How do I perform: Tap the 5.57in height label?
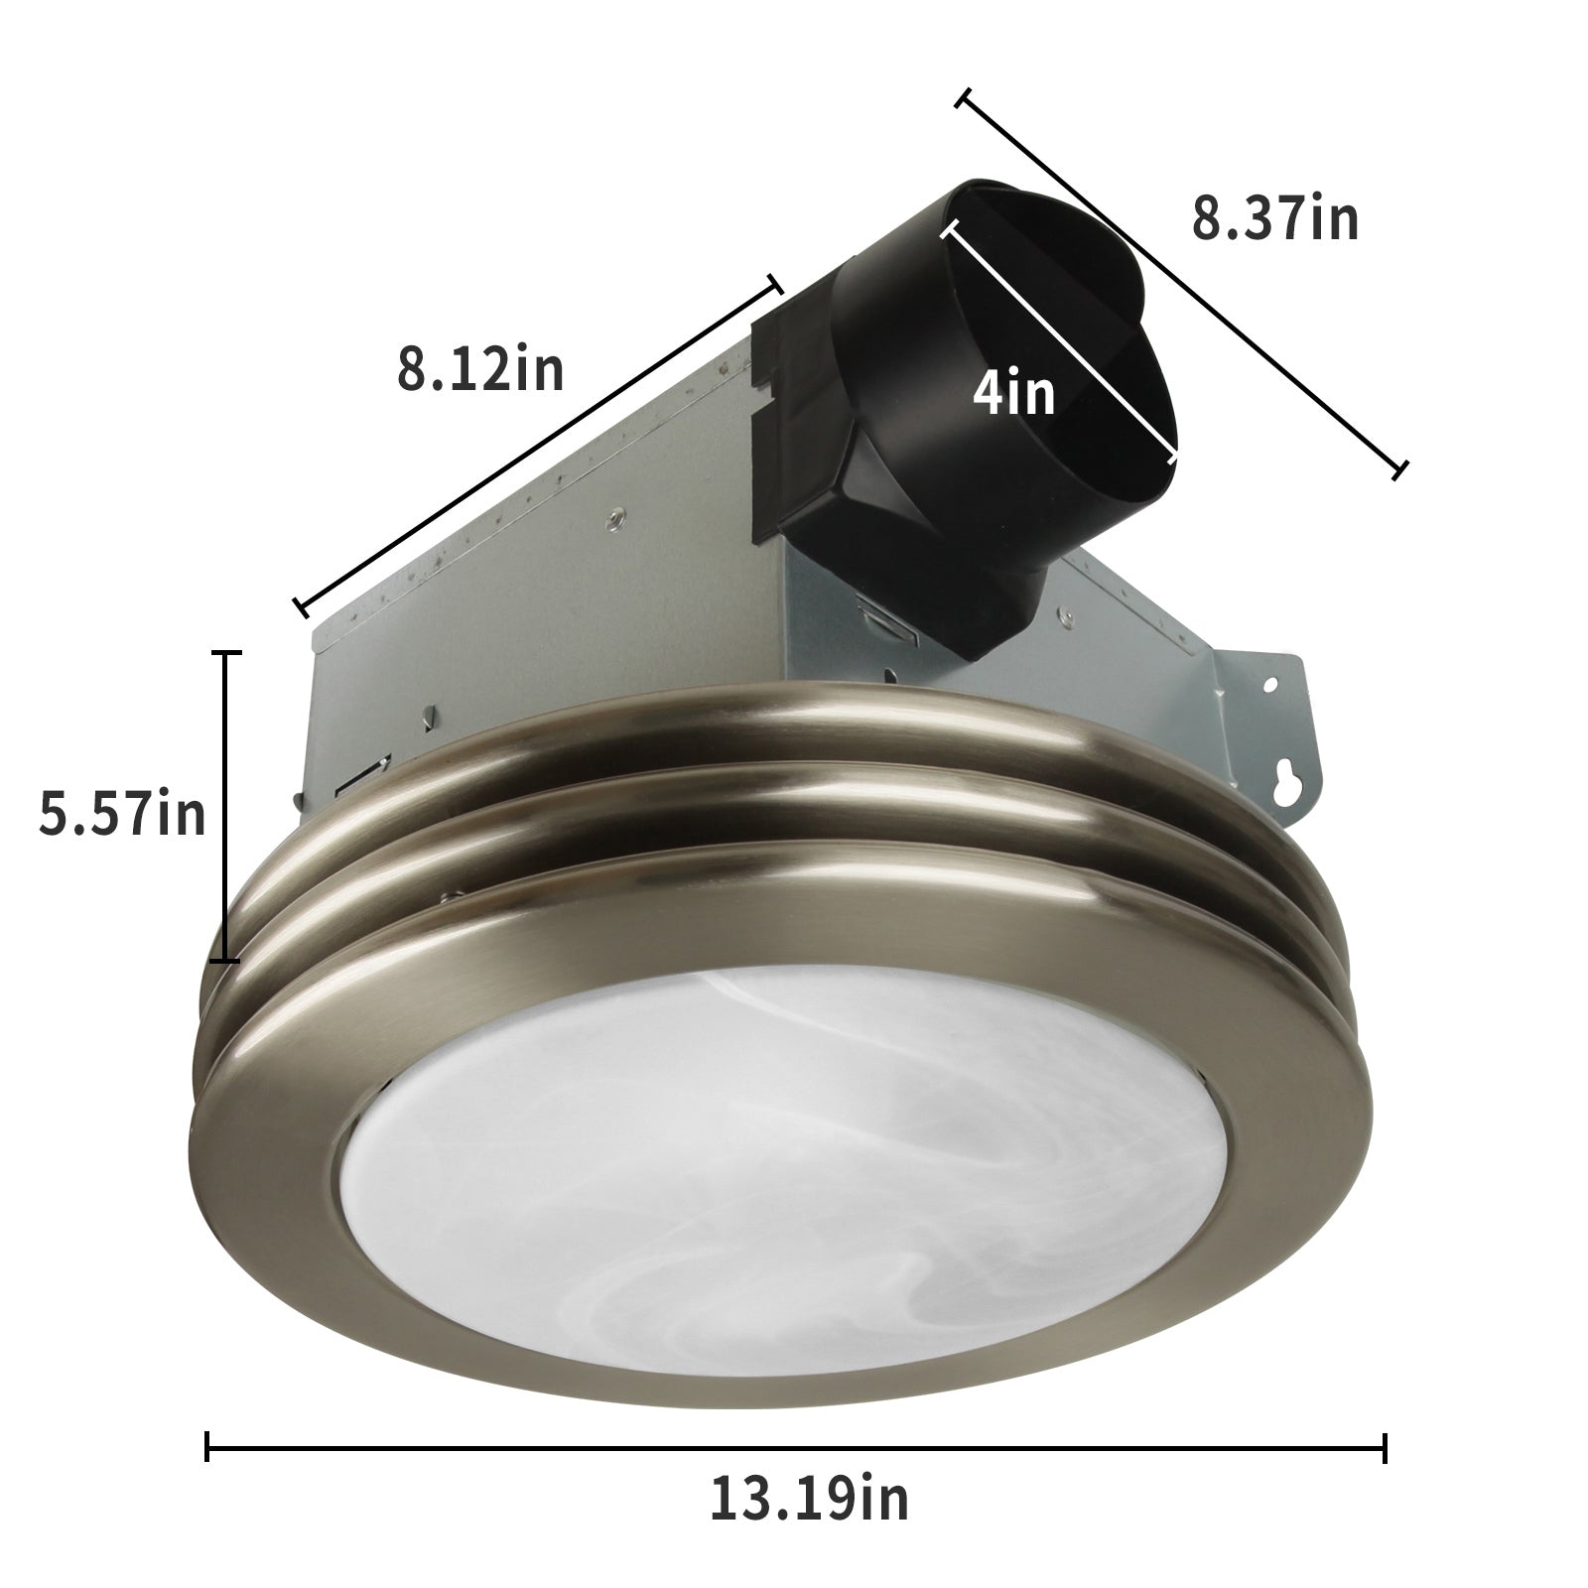(123, 815)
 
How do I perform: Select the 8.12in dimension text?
(480, 368)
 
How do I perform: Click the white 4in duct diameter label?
(1013, 394)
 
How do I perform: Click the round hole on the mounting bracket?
(1271, 683)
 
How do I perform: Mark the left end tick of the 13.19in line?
(207, 1446)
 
